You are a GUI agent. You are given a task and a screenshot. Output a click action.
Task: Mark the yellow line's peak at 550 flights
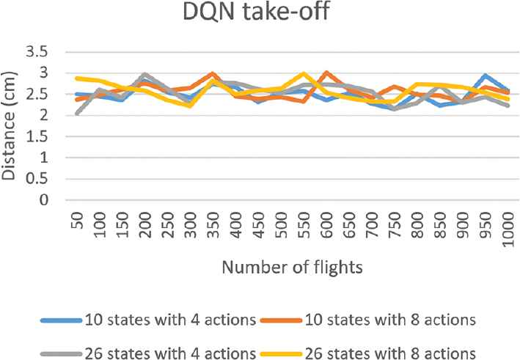(302, 74)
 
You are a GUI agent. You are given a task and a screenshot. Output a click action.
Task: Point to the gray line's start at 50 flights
(76, 114)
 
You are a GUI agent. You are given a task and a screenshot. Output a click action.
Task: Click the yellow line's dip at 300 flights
(189, 106)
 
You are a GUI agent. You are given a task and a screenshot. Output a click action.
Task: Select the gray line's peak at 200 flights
(144, 75)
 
